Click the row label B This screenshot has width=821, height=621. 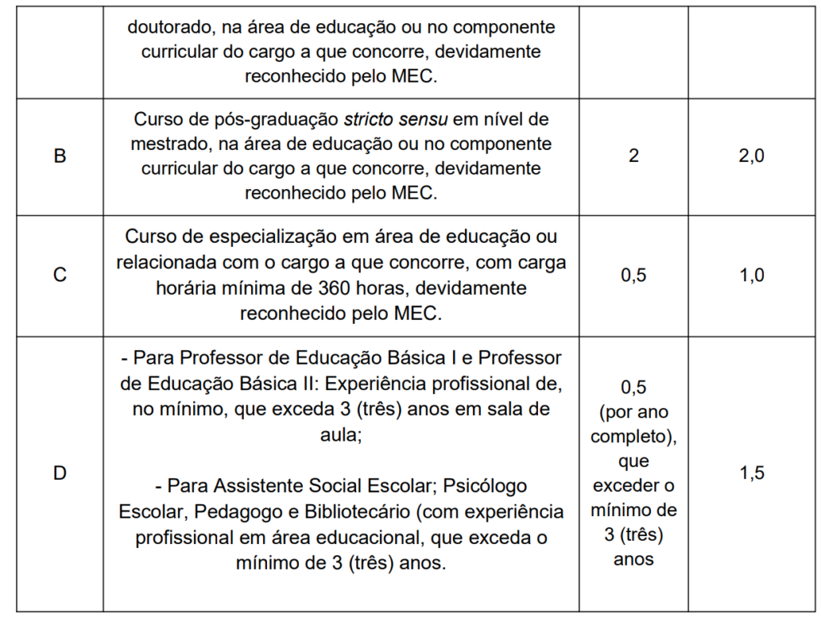pos(59,157)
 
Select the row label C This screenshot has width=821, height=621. pos(59,276)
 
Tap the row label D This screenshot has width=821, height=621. pos(59,474)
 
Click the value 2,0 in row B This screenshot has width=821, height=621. pos(751,157)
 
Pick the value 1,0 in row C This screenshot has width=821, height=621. pos(751,276)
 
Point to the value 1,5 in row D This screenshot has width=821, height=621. pos(751,474)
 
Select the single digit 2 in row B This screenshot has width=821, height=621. pos(633,157)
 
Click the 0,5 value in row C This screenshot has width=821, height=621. pos(633,276)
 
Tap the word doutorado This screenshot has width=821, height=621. pos(169,26)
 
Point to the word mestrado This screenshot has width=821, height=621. pos(164,144)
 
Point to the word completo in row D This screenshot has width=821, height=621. pos(629,437)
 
